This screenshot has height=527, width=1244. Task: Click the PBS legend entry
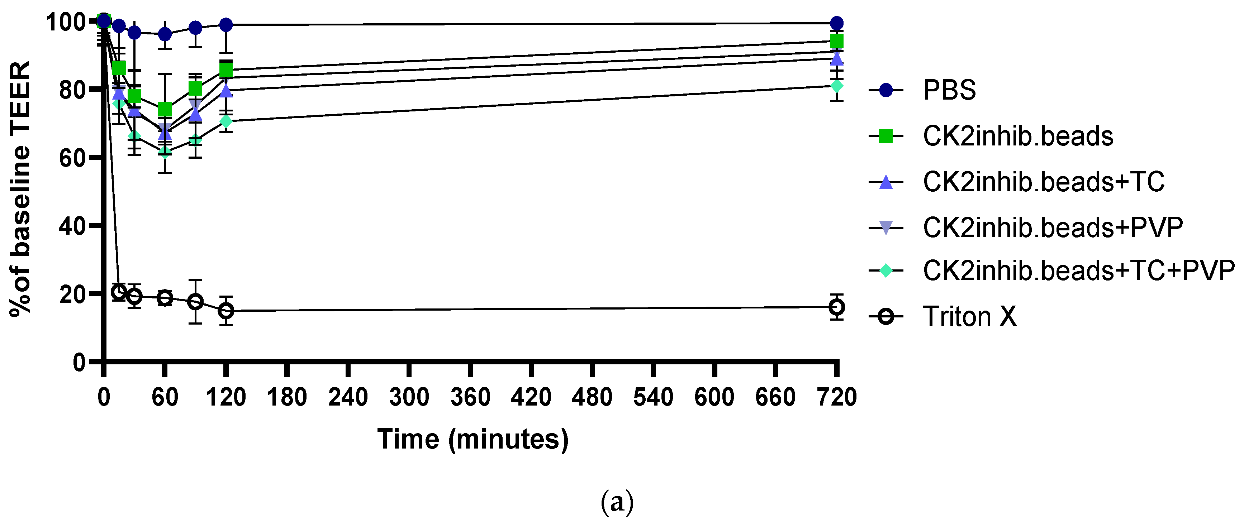(x=949, y=90)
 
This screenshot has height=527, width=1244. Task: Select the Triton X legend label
(x=970, y=317)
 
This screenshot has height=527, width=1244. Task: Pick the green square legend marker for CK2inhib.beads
(x=885, y=136)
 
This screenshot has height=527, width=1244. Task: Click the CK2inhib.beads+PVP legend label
(x=1053, y=227)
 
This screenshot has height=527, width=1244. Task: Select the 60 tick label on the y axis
(x=72, y=158)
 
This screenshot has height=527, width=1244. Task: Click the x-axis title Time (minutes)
(x=473, y=439)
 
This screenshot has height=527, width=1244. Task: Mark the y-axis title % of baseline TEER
(x=20, y=188)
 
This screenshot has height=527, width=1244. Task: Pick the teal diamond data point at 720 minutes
(x=837, y=86)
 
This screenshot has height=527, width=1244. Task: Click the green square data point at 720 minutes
(x=837, y=41)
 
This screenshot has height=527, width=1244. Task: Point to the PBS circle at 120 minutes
(x=226, y=25)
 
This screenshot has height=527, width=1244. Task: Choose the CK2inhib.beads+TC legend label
(x=1043, y=182)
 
